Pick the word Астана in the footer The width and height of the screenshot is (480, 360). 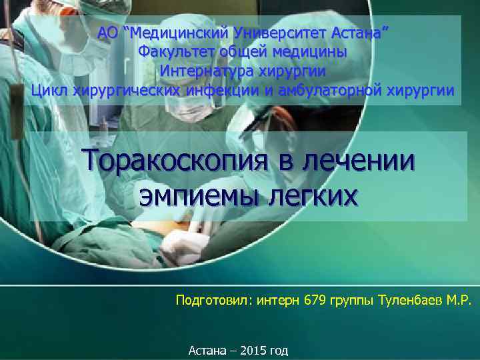tap(208, 350)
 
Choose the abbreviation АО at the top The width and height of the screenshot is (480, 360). tap(107, 32)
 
